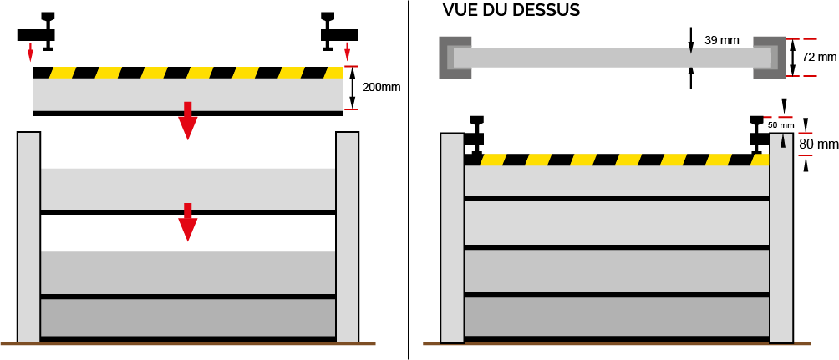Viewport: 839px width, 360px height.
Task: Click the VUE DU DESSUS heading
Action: coord(511,10)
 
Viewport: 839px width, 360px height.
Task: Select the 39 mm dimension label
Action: coord(721,41)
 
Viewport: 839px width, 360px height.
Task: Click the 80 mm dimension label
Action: coord(818,145)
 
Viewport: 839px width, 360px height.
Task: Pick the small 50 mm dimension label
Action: coord(781,124)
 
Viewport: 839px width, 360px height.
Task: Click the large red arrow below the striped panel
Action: coord(187,120)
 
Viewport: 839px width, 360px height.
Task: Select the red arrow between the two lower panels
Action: coord(188,221)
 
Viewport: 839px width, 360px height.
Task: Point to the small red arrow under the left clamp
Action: coord(30,54)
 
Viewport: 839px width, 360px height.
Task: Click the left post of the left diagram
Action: coord(28,236)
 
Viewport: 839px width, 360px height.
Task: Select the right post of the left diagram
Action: coord(347,236)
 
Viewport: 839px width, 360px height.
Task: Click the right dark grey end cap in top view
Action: coord(769,58)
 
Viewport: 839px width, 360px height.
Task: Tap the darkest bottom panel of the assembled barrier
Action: coord(617,317)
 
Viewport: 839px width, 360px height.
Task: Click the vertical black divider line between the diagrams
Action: coord(409,180)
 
